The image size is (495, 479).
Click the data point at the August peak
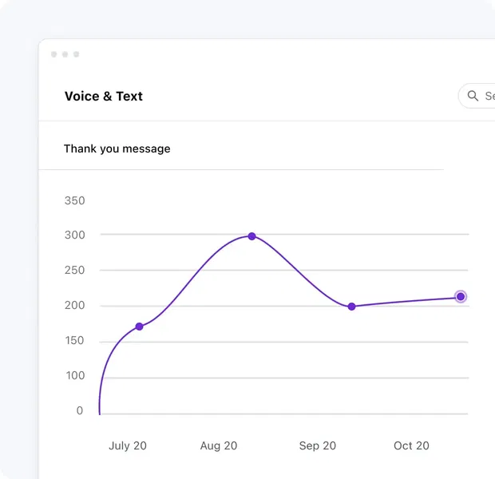pyautogui.click(x=251, y=236)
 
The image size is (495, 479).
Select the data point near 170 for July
pyautogui.click(x=139, y=327)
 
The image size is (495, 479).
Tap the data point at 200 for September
pyautogui.click(x=351, y=307)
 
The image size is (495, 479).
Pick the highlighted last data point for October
pyautogui.click(x=461, y=297)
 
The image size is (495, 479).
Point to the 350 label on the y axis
pyautogui.click(x=74, y=200)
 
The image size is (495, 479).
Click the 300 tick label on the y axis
pyautogui.click(x=74, y=236)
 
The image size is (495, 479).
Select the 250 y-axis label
pyautogui.click(x=74, y=271)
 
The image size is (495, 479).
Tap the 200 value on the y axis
pyautogui.click(x=74, y=306)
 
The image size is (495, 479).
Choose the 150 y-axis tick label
pyautogui.click(x=74, y=341)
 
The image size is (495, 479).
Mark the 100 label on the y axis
pyautogui.click(x=74, y=375)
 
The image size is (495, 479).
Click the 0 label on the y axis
pyautogui.click(x=79, y=410)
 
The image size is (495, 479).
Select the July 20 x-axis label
pyautogui.click(x=128, y=445)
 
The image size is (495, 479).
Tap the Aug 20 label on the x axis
pyautogui.click(x=219, y=445)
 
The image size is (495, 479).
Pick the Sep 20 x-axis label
pyautogui.click(x=318, y=445)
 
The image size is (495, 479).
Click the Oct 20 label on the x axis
pyautogui.click(x=411, y=445)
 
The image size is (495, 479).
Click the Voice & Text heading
pyautogui.click(x=104, y=97)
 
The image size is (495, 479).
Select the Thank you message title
pyautogui.click(x=117, y=148)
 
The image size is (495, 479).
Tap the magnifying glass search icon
pyautogui.click(x=473, y=96)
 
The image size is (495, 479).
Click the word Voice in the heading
pyautogui.click(x=82, y=97)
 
